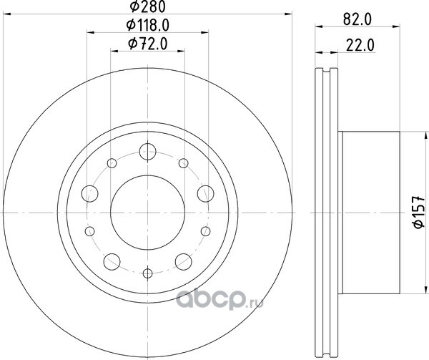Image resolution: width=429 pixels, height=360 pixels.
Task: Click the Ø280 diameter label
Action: (x=148, y=7)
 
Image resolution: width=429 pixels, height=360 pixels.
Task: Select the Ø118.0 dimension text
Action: (x=148, y=26)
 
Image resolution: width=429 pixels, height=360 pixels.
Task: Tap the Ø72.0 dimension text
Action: (x=148, y=44)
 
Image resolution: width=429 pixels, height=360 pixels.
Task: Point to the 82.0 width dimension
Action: (x=357, y=20)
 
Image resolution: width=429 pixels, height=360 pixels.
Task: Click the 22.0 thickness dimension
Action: (x=360, y=45)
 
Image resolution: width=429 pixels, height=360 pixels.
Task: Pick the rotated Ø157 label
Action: (x=418, y=212)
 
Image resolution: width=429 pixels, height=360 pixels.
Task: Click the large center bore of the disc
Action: (x=148, y=213)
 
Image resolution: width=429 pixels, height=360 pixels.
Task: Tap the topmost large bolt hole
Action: (x=148, y=152)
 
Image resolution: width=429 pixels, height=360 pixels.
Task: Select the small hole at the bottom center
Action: (x=148, y=273)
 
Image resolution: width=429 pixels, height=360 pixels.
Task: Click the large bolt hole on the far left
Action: (x=90, y=193)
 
